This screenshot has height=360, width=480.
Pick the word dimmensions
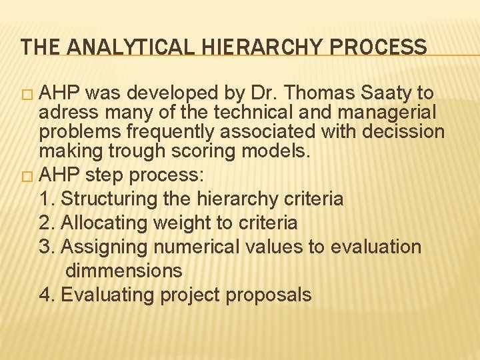[x=124, y=271]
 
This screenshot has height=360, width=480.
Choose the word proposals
[x=269, y=295]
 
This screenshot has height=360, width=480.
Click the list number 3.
[x=45, y=247]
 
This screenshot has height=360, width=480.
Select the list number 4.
[x=45, y=295]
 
